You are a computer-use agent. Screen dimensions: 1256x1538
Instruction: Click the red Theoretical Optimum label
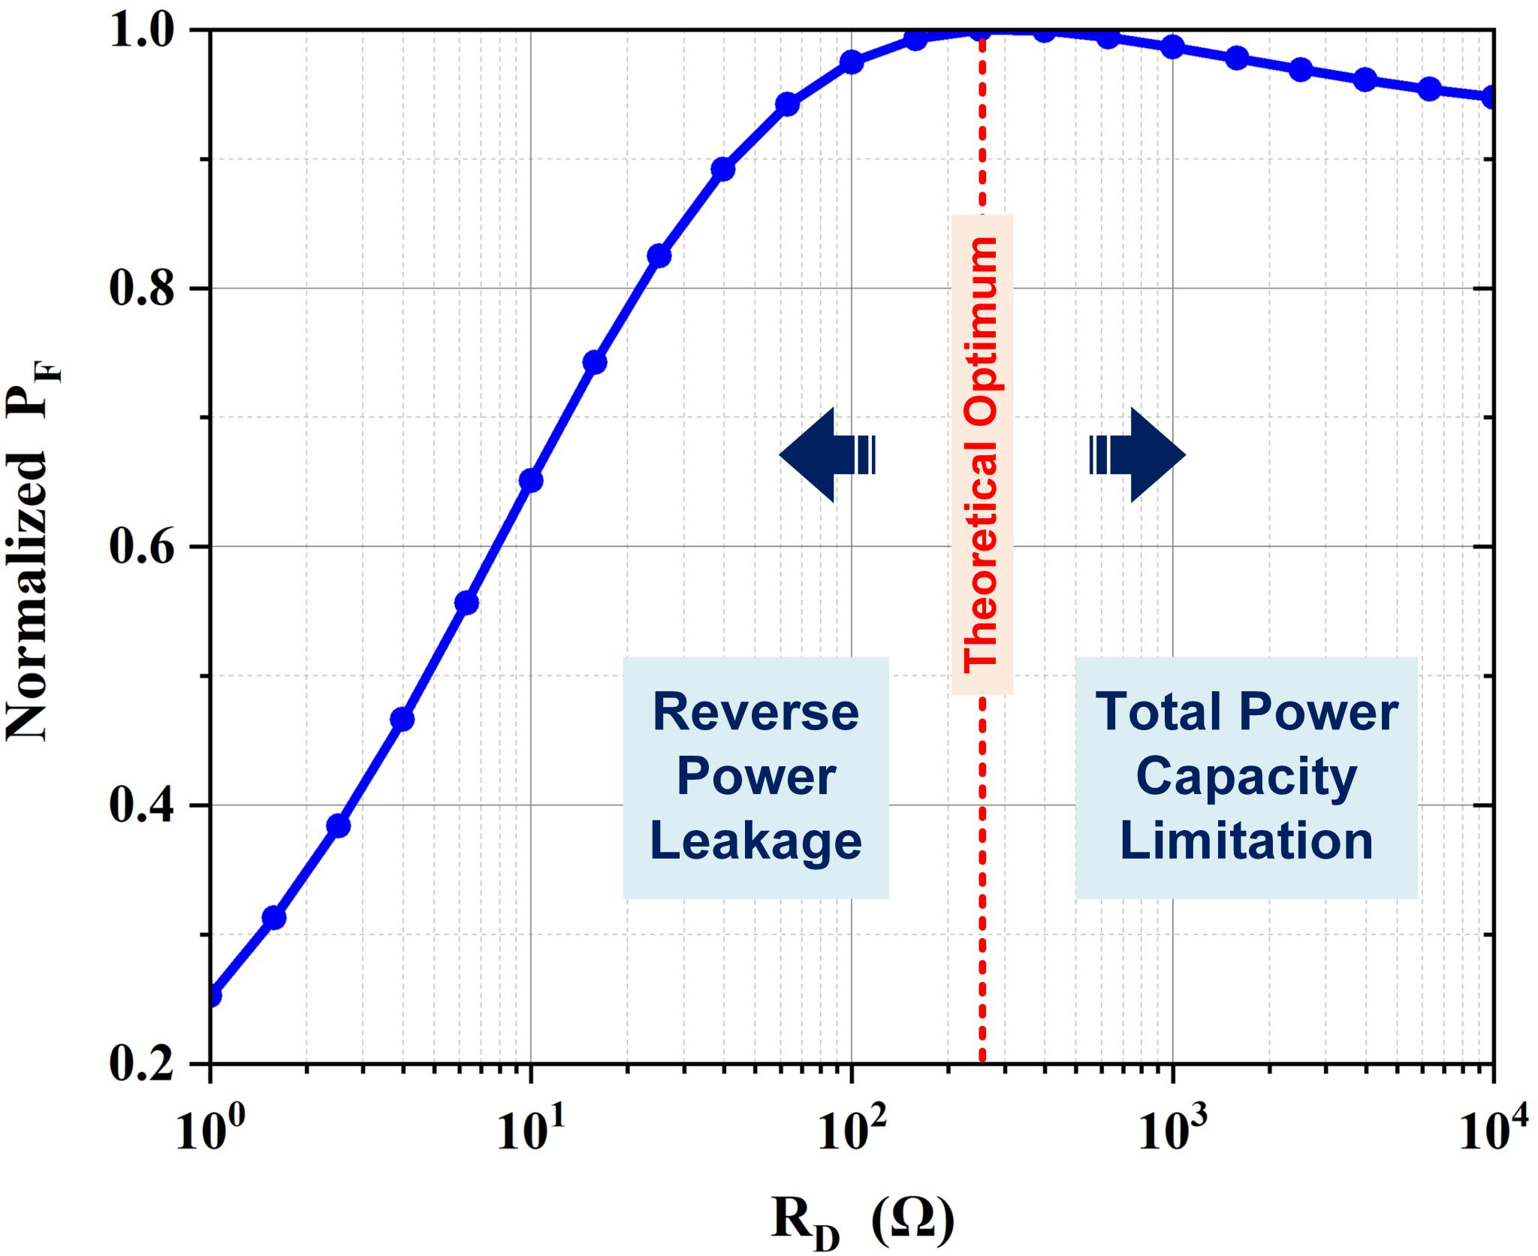[982, 454]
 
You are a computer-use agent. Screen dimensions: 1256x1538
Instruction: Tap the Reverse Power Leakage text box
[755, 777]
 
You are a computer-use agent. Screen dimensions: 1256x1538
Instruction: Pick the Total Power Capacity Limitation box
[1246, 777]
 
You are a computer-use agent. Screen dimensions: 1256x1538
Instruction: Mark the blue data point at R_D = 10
[531, 480]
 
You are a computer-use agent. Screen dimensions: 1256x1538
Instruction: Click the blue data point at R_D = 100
[852, 62]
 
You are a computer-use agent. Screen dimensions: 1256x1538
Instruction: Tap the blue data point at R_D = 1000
[1172, 47]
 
